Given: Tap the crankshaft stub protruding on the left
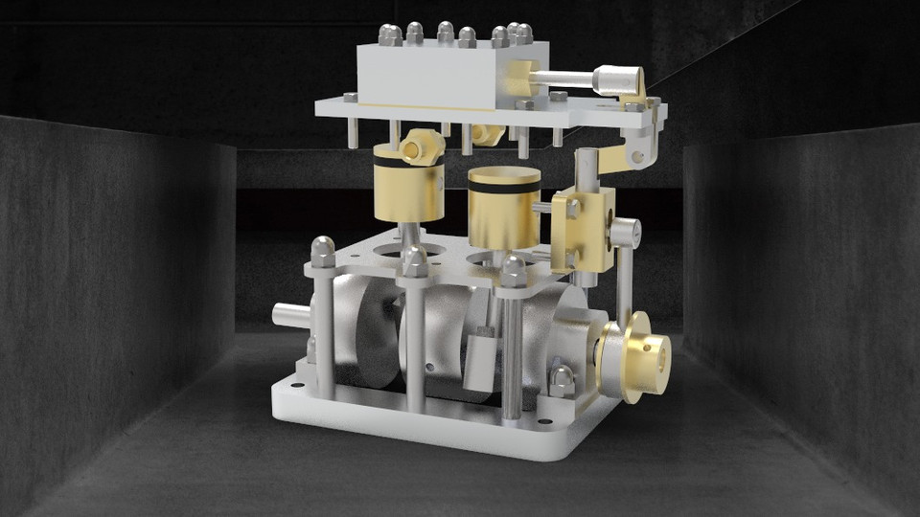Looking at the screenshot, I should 287,312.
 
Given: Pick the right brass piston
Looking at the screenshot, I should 504,208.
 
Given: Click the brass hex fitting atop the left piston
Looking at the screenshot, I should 423,146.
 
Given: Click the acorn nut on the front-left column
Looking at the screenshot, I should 323,253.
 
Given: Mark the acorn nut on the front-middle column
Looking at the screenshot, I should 414,261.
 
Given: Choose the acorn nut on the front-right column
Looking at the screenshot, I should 514,271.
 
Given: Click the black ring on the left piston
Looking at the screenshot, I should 409,163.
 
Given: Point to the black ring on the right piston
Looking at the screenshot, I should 504,188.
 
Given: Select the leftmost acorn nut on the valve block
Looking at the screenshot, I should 389,35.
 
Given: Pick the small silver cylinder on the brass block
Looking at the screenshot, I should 625,233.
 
